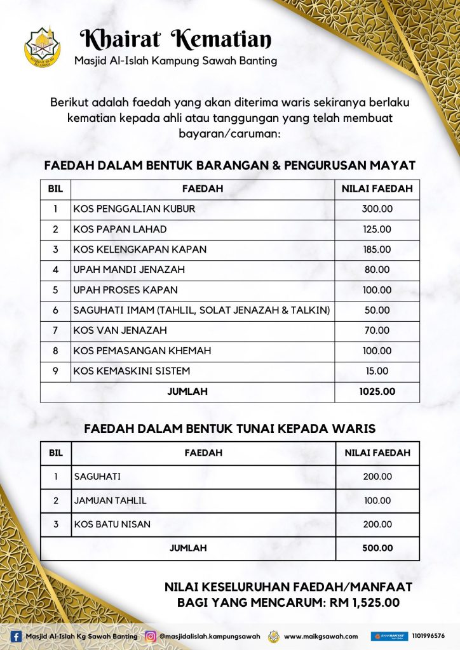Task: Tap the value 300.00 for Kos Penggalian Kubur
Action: (x=377, y=209)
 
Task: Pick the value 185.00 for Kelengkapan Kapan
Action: (x=377, y=249)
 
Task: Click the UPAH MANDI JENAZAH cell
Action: (x=129, y=270)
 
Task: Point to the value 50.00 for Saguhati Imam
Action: (x=377, y=310)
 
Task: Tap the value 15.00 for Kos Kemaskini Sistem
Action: (x=377, y=371)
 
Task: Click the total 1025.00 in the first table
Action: (x=377, y=392)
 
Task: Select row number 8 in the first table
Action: (x=55, y=350)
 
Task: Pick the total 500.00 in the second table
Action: (x=377, y=548)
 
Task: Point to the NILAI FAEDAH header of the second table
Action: (x=377, y=453)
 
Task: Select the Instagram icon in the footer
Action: (x=151, y=636)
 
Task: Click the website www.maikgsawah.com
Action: (x=321, y=636)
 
